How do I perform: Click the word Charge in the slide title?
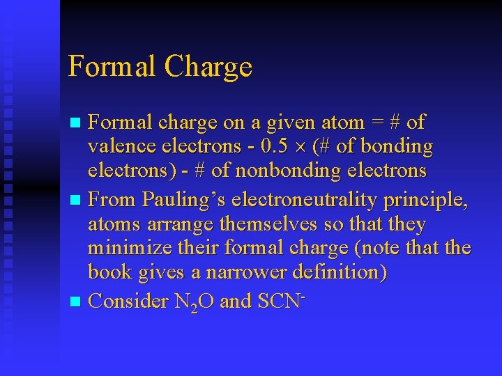pyautogui.click(x=208, y=67)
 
